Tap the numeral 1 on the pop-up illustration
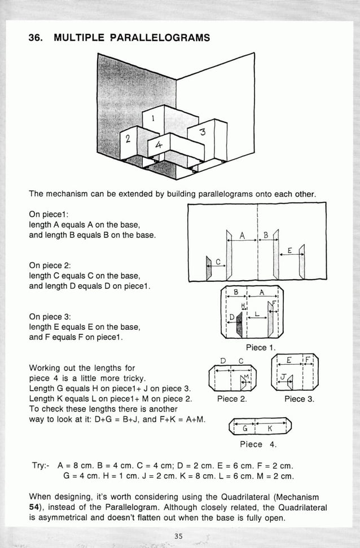point(152,118)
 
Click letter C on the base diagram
point(218,261)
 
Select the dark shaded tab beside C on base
point(209,272)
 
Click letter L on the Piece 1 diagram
point(257,313)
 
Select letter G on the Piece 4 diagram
point(245,429)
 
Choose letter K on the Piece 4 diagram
point(270,429)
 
